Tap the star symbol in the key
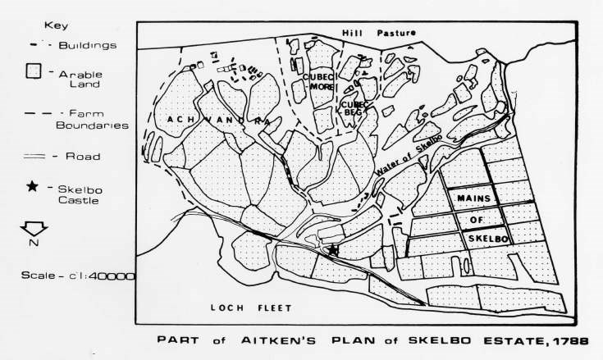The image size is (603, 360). (x=32, y=188)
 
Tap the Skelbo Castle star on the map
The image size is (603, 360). (x=333, y=249)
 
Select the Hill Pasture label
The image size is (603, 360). (x=380, y=32)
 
